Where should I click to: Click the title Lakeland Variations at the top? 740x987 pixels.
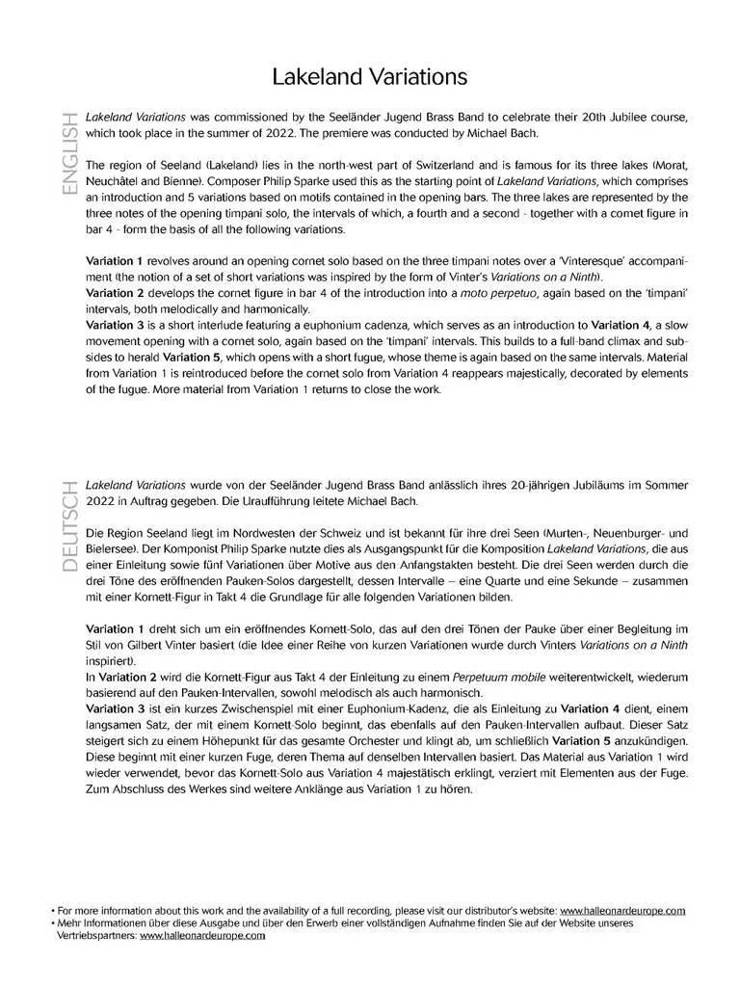tap(369, 76)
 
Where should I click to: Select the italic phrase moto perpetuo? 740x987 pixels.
tap(523, 293)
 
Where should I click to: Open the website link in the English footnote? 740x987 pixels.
tap(622, 911)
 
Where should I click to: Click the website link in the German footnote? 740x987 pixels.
tap(202, 935)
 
